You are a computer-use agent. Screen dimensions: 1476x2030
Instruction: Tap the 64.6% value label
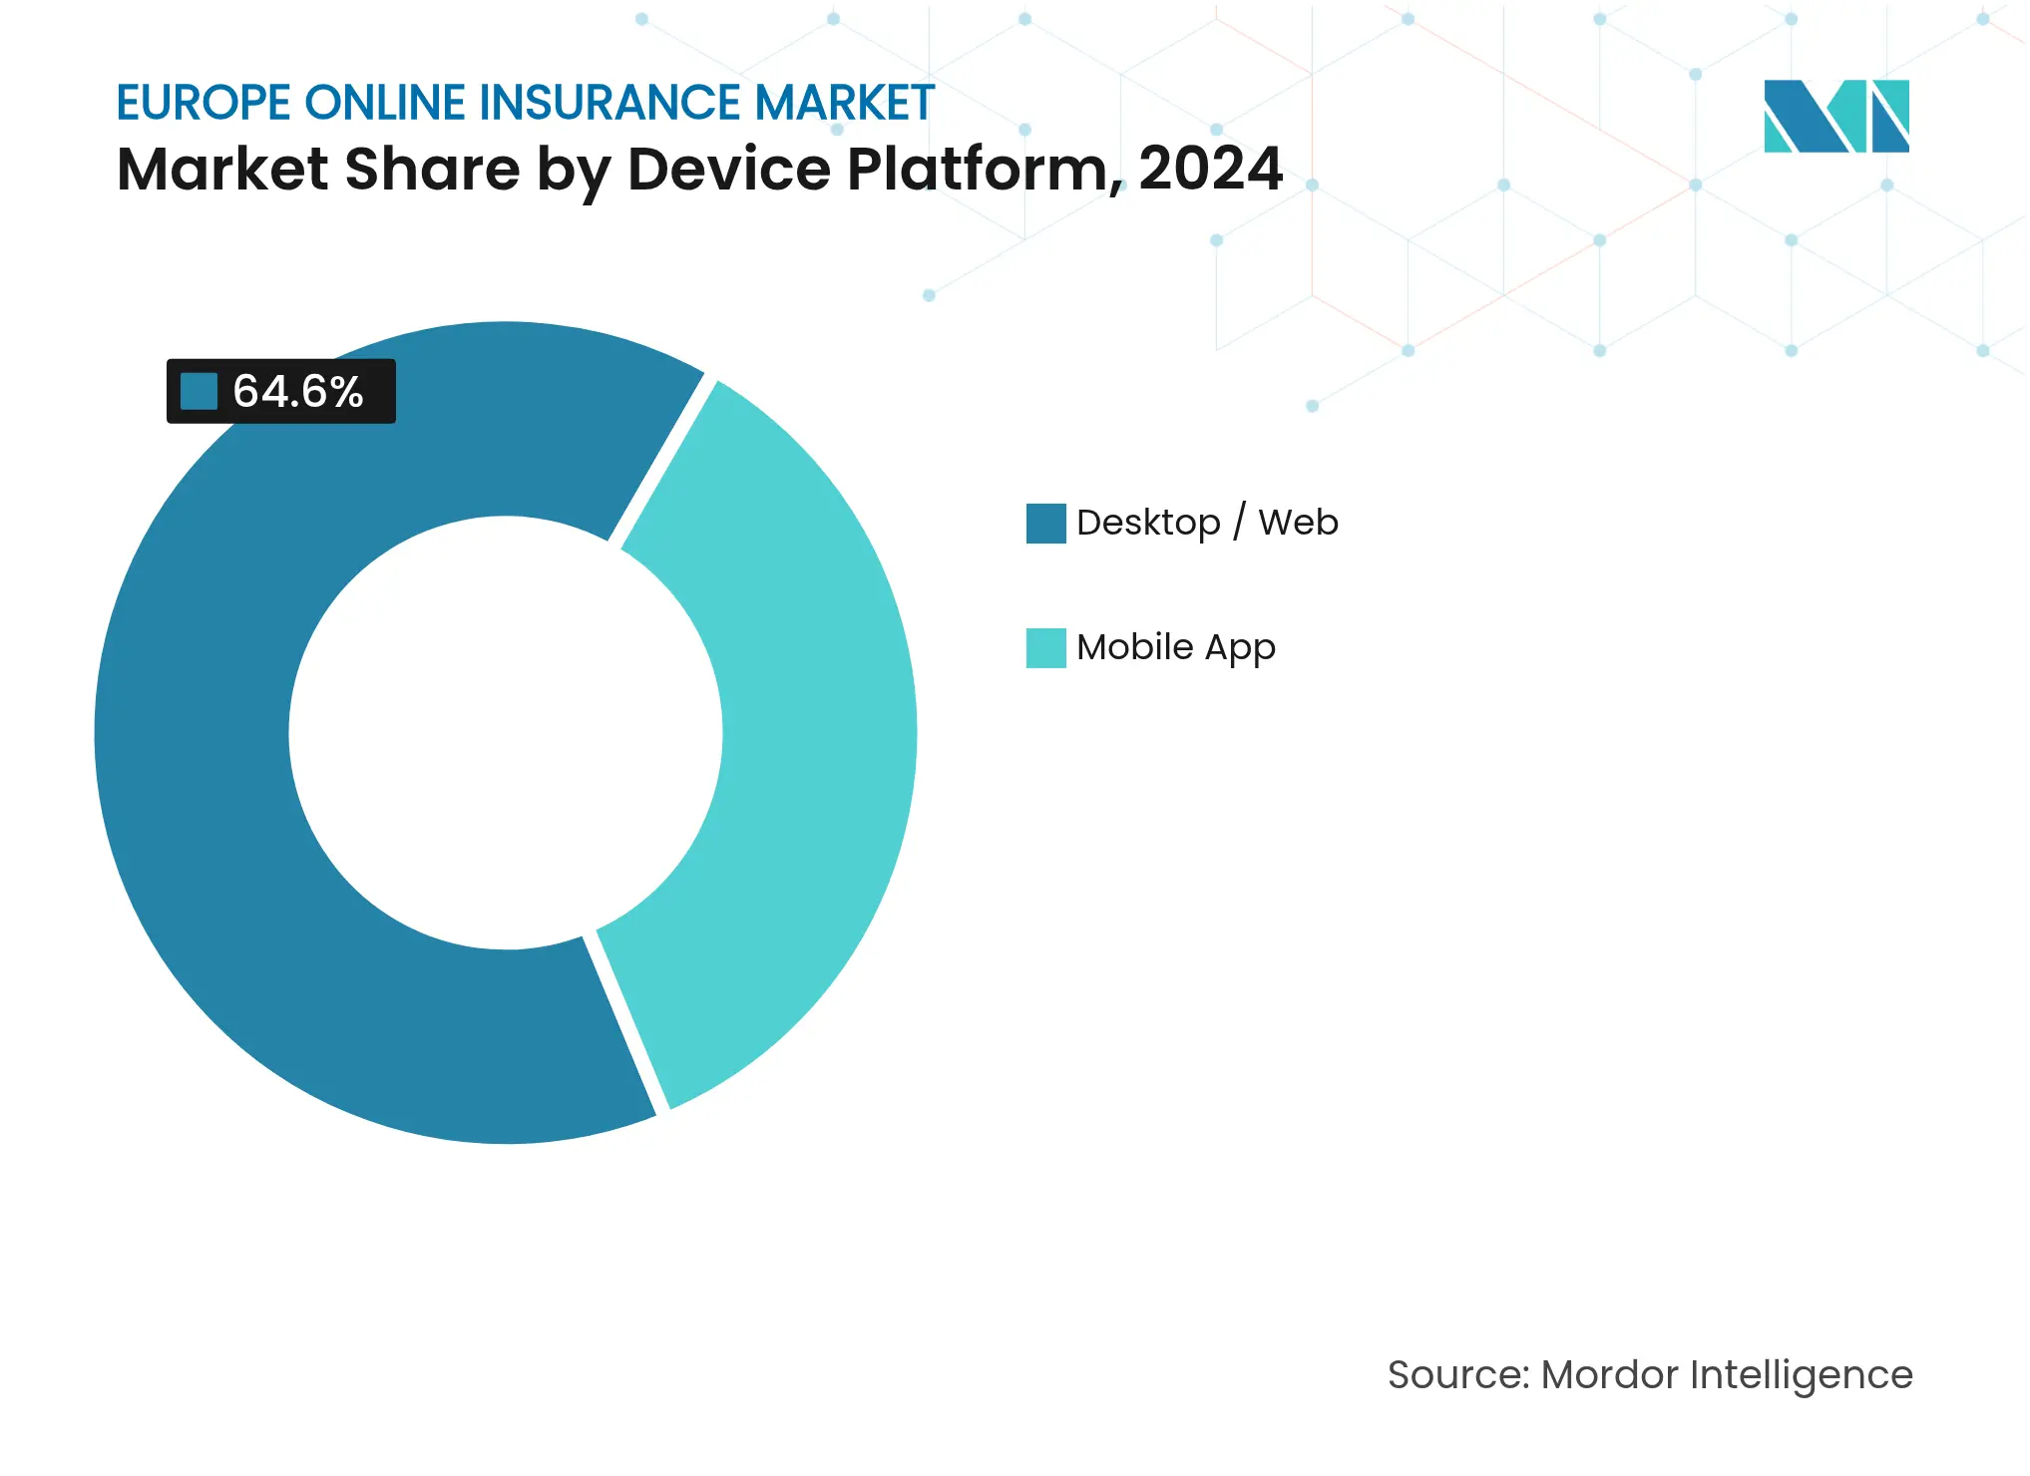[297, 391]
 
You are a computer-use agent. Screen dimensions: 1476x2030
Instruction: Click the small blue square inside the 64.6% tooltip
[199, 391]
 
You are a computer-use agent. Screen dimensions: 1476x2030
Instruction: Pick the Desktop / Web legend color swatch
[1045, 523]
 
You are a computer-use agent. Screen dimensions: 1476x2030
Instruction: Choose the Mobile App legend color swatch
[1045, 647]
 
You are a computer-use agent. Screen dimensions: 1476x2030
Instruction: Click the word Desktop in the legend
[1147, 523]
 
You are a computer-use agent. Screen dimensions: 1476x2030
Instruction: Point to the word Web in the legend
[1297, 522]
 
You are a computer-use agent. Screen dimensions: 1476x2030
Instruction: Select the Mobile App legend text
[1175, 647]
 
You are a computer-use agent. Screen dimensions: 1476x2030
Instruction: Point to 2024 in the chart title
[1210, 169]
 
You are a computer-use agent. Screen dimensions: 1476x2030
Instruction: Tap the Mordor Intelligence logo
[1835, 116]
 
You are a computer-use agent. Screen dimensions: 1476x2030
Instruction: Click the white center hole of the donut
[506, 733]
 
